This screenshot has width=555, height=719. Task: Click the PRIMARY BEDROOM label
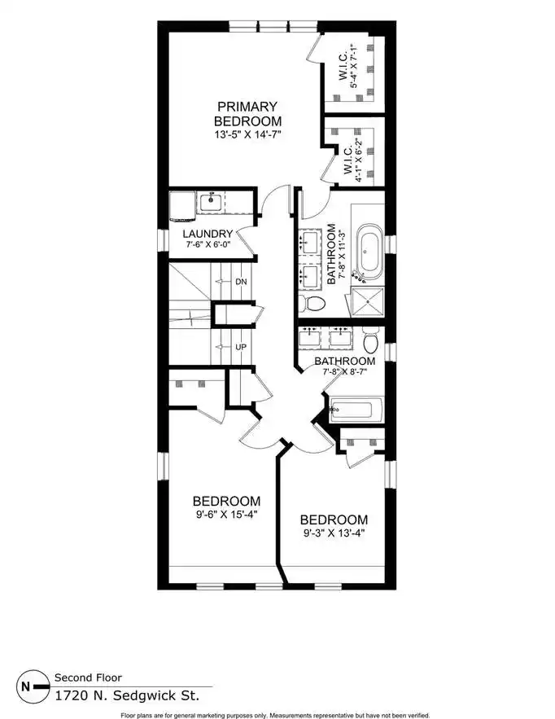tap(247, 114)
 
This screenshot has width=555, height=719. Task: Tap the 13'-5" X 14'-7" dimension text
tap(247, 135)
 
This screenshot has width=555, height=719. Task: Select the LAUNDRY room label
tap(208, 234)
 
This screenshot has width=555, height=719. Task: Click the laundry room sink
tap(211, 202)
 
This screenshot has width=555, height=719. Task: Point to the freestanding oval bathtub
tap(369, 252)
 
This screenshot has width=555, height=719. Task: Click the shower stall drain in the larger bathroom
tap(368, 302)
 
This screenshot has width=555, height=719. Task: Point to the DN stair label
tap(241, 282)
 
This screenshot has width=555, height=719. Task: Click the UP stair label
tap(241, 347)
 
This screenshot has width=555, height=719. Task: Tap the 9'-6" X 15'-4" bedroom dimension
tap(227, 514)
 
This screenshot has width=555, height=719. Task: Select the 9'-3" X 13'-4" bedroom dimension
tap(334, 533)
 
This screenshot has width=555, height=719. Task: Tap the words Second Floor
tap(89, 677)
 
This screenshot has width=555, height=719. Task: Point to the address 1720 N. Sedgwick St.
tap(128, 695)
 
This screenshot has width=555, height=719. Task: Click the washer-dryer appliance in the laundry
tap(183, 206)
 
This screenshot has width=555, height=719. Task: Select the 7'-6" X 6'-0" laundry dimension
tap(208, 244)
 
